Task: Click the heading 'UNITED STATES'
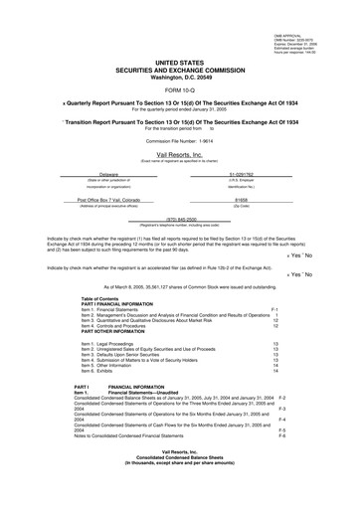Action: coord(181,61)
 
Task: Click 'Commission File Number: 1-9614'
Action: coord(181,129)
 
